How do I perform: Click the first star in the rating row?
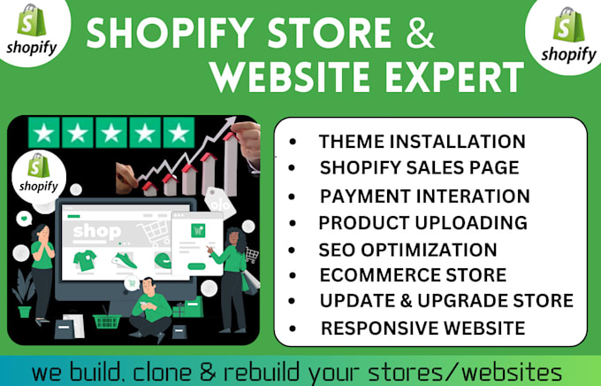[x=42, y=135]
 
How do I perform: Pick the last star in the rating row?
[x=177, y=135]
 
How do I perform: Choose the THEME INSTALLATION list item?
[x=422, y=141]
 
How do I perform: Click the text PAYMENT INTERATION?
[x=424, y=196]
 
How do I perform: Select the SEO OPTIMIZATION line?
[x=407, y=249]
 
